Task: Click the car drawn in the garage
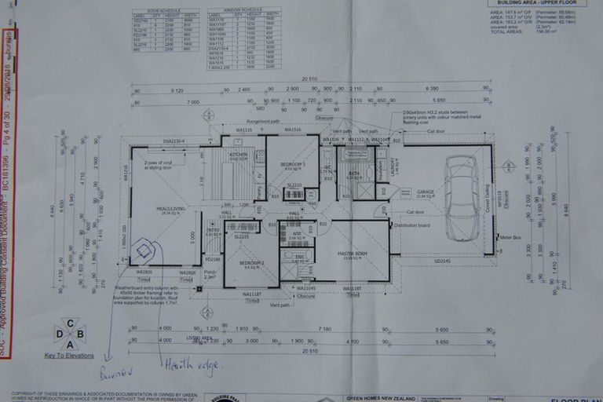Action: [x=461, y=196]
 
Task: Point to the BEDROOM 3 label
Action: [x=292, y=166]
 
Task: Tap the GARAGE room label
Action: [x=426, y=193]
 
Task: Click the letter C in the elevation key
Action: [x=71, y=323]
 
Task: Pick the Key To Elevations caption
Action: [x=71, y=356]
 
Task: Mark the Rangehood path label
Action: [x=263, y=122]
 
